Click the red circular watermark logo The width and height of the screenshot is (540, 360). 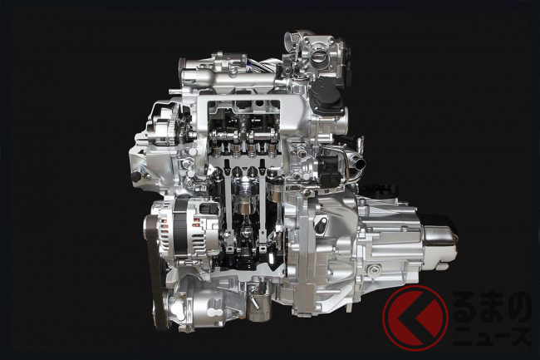click(x=415, y=318)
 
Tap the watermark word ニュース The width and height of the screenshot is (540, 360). click(x=492, y=336)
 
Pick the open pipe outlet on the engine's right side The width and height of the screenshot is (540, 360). click(x=360, y=163)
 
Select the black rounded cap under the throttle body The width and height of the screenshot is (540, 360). click(x=326, y=92)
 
